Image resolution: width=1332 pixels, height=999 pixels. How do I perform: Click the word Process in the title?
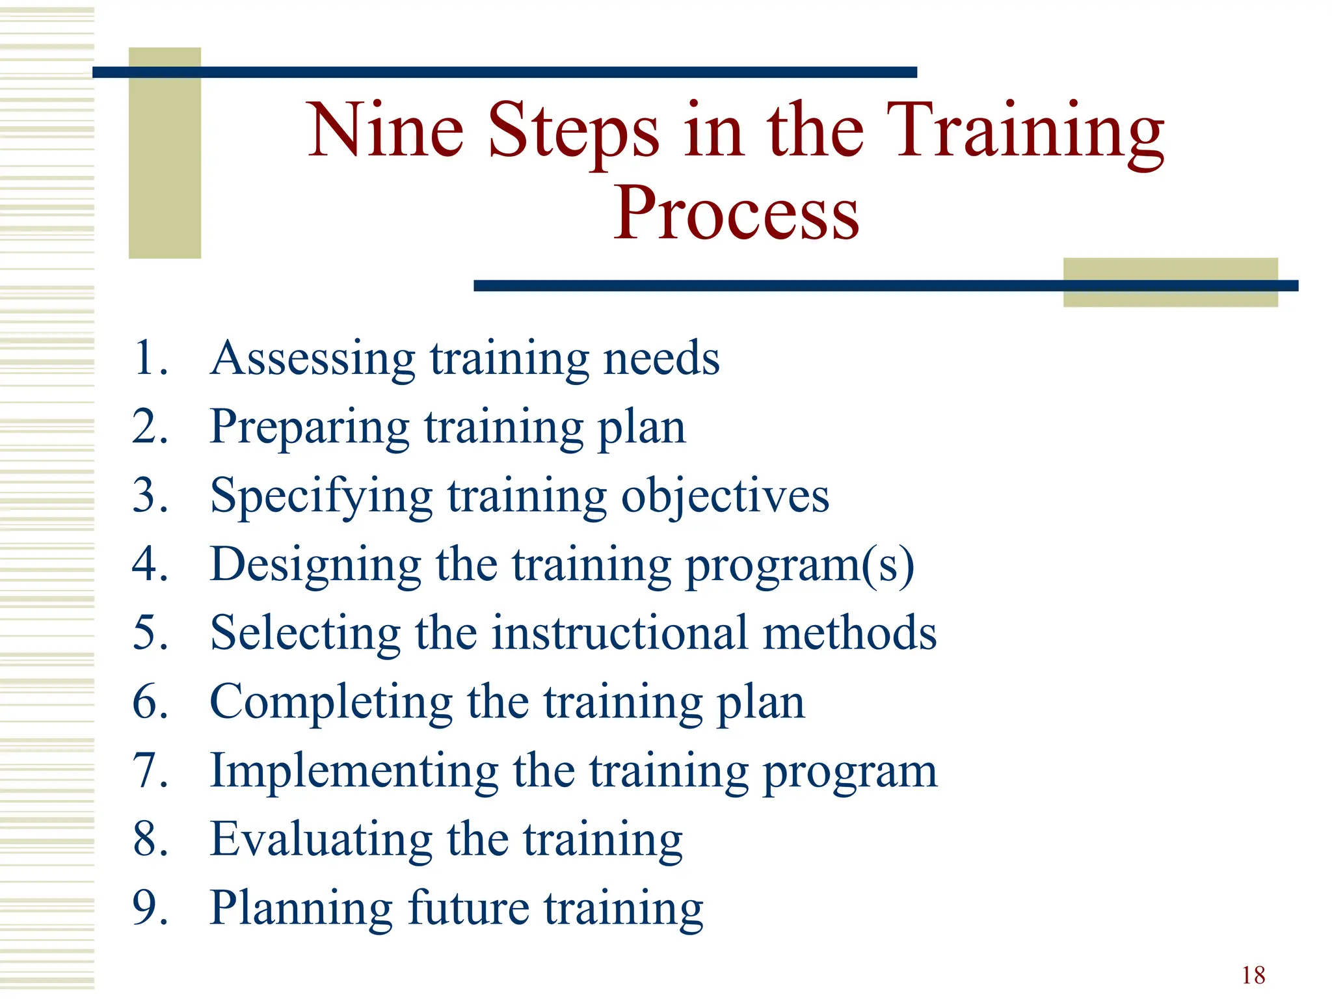click(x=736, y=213)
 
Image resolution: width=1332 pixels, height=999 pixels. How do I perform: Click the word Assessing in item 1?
click(x=312, y=359)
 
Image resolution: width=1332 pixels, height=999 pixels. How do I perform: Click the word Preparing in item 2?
click(x=310, y=428)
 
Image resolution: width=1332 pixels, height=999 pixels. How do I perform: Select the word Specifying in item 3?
click(x=321, y=497)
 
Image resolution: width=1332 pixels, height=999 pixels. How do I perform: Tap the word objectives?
click(x=725, y=497)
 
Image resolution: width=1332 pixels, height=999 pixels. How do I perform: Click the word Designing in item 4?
click(x=316, y=565)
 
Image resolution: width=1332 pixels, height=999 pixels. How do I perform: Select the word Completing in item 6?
click(x=330, y=702)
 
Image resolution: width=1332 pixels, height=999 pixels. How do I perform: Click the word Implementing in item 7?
click(x=354, y=771)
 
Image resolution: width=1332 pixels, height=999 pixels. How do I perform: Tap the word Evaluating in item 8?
click(x=321, y=839)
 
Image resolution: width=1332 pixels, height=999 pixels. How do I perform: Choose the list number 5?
click(x=150, y=633)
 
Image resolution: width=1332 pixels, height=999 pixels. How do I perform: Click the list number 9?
click(x=150, y=908)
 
